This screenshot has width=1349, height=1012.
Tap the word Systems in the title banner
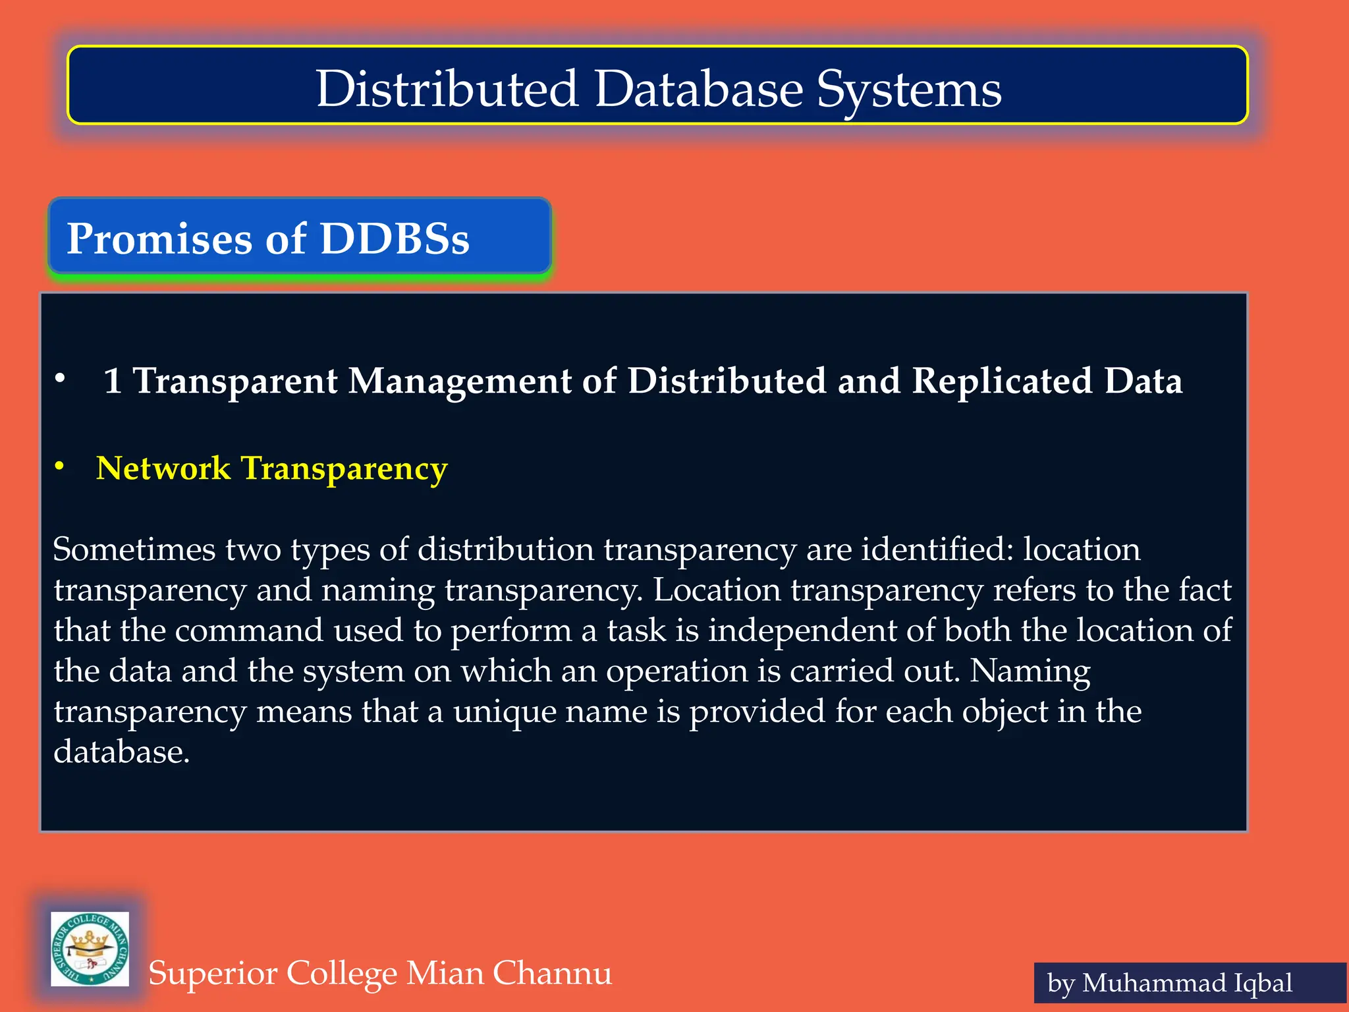[909, 90]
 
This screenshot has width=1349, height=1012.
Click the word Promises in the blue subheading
[160, 238]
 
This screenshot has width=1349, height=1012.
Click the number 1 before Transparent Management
[113, 381]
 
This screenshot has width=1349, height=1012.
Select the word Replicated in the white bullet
[1001, 381]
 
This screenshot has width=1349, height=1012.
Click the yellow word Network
[163, 468]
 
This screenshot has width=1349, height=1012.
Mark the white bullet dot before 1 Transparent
[60, 379]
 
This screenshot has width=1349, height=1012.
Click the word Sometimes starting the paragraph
[134, 549]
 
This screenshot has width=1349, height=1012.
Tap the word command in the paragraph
[249, 631]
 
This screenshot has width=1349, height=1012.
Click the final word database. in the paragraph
[122, 752]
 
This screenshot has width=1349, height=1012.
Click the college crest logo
[90, 949]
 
